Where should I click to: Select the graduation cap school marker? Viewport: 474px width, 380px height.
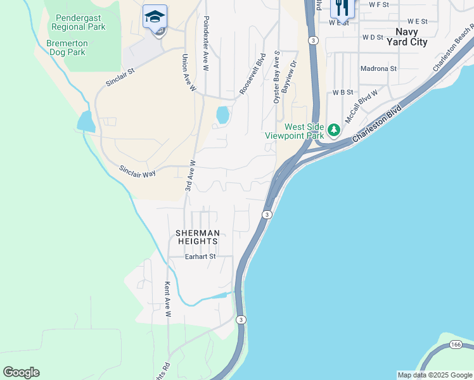[x=155, y=16]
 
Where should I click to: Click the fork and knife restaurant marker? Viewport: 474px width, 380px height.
[x=342, y=8]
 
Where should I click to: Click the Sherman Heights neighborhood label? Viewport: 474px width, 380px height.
[x=197, y=237]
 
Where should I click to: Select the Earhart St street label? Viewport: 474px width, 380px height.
[x=200, y=256]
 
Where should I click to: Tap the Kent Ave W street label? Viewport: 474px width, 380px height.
[x=169, y=299]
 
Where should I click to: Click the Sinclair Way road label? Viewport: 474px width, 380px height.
[x=138, y=171]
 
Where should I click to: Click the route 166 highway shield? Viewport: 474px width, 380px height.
[x=456, y=344]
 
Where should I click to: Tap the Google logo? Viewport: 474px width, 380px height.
[x=21, y=372]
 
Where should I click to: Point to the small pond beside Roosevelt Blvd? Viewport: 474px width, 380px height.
[x=222, y=115]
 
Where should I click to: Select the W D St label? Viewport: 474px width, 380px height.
[x=373, y=37]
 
